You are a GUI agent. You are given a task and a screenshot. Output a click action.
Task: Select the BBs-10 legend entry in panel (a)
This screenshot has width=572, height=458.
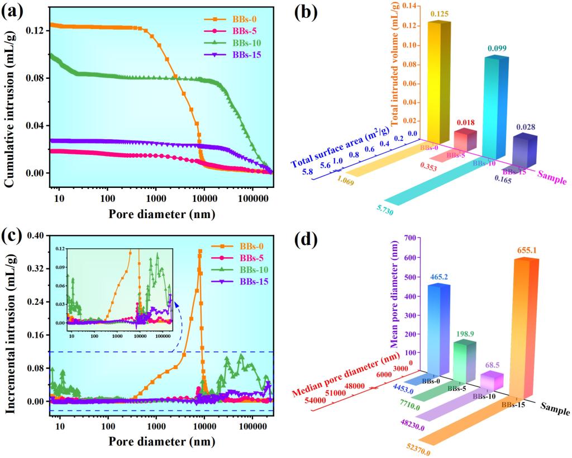tap(241, 43)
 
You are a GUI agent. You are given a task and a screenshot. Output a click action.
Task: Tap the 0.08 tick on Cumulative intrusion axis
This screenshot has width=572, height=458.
tap(35, 77)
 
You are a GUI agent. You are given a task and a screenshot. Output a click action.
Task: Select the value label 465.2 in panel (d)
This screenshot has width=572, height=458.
tap(440, 276)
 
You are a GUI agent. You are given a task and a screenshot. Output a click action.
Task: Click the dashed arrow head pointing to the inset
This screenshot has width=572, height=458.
tap(177, 303)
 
